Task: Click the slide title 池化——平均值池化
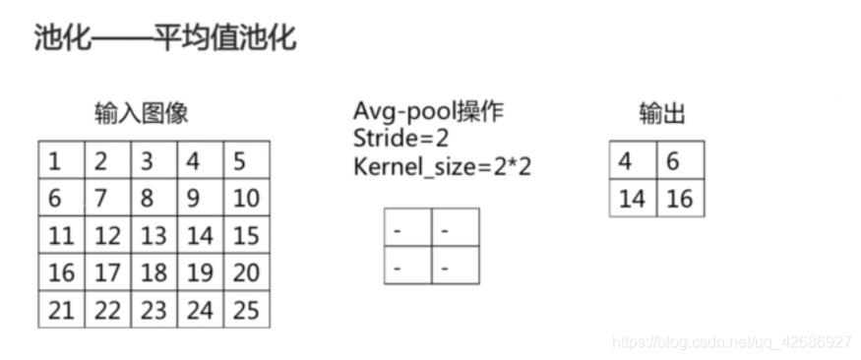pyautogui.click(x=164, y=39)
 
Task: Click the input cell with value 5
pyautogui.click(x=245, y=160)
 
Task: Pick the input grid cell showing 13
pyautogui.click(x=153, y=235)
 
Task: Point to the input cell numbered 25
pyautogui.click(x=245, y=310)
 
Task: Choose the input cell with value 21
pyautogui.click(x=61, y=310)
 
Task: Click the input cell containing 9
pyautogui.click(x=199, y=198)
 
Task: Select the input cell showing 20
pyautogui.click(x=245, y=272)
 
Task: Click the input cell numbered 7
pyautogui.click(x=106, y=198)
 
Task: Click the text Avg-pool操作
pyautogui.click(x=428, y=111)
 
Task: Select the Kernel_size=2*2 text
pyautogui.click(x=442, y=165)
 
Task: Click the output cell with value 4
pyautogui.click(x=633, y=160)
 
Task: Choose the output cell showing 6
pyautogui.click(x=680, y=160)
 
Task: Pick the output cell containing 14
pyautogui.click(x=633, y=198)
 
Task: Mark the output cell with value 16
pyautogui.click(x=680, y=198)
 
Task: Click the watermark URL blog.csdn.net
pyautogui.click(x=731, y=342)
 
